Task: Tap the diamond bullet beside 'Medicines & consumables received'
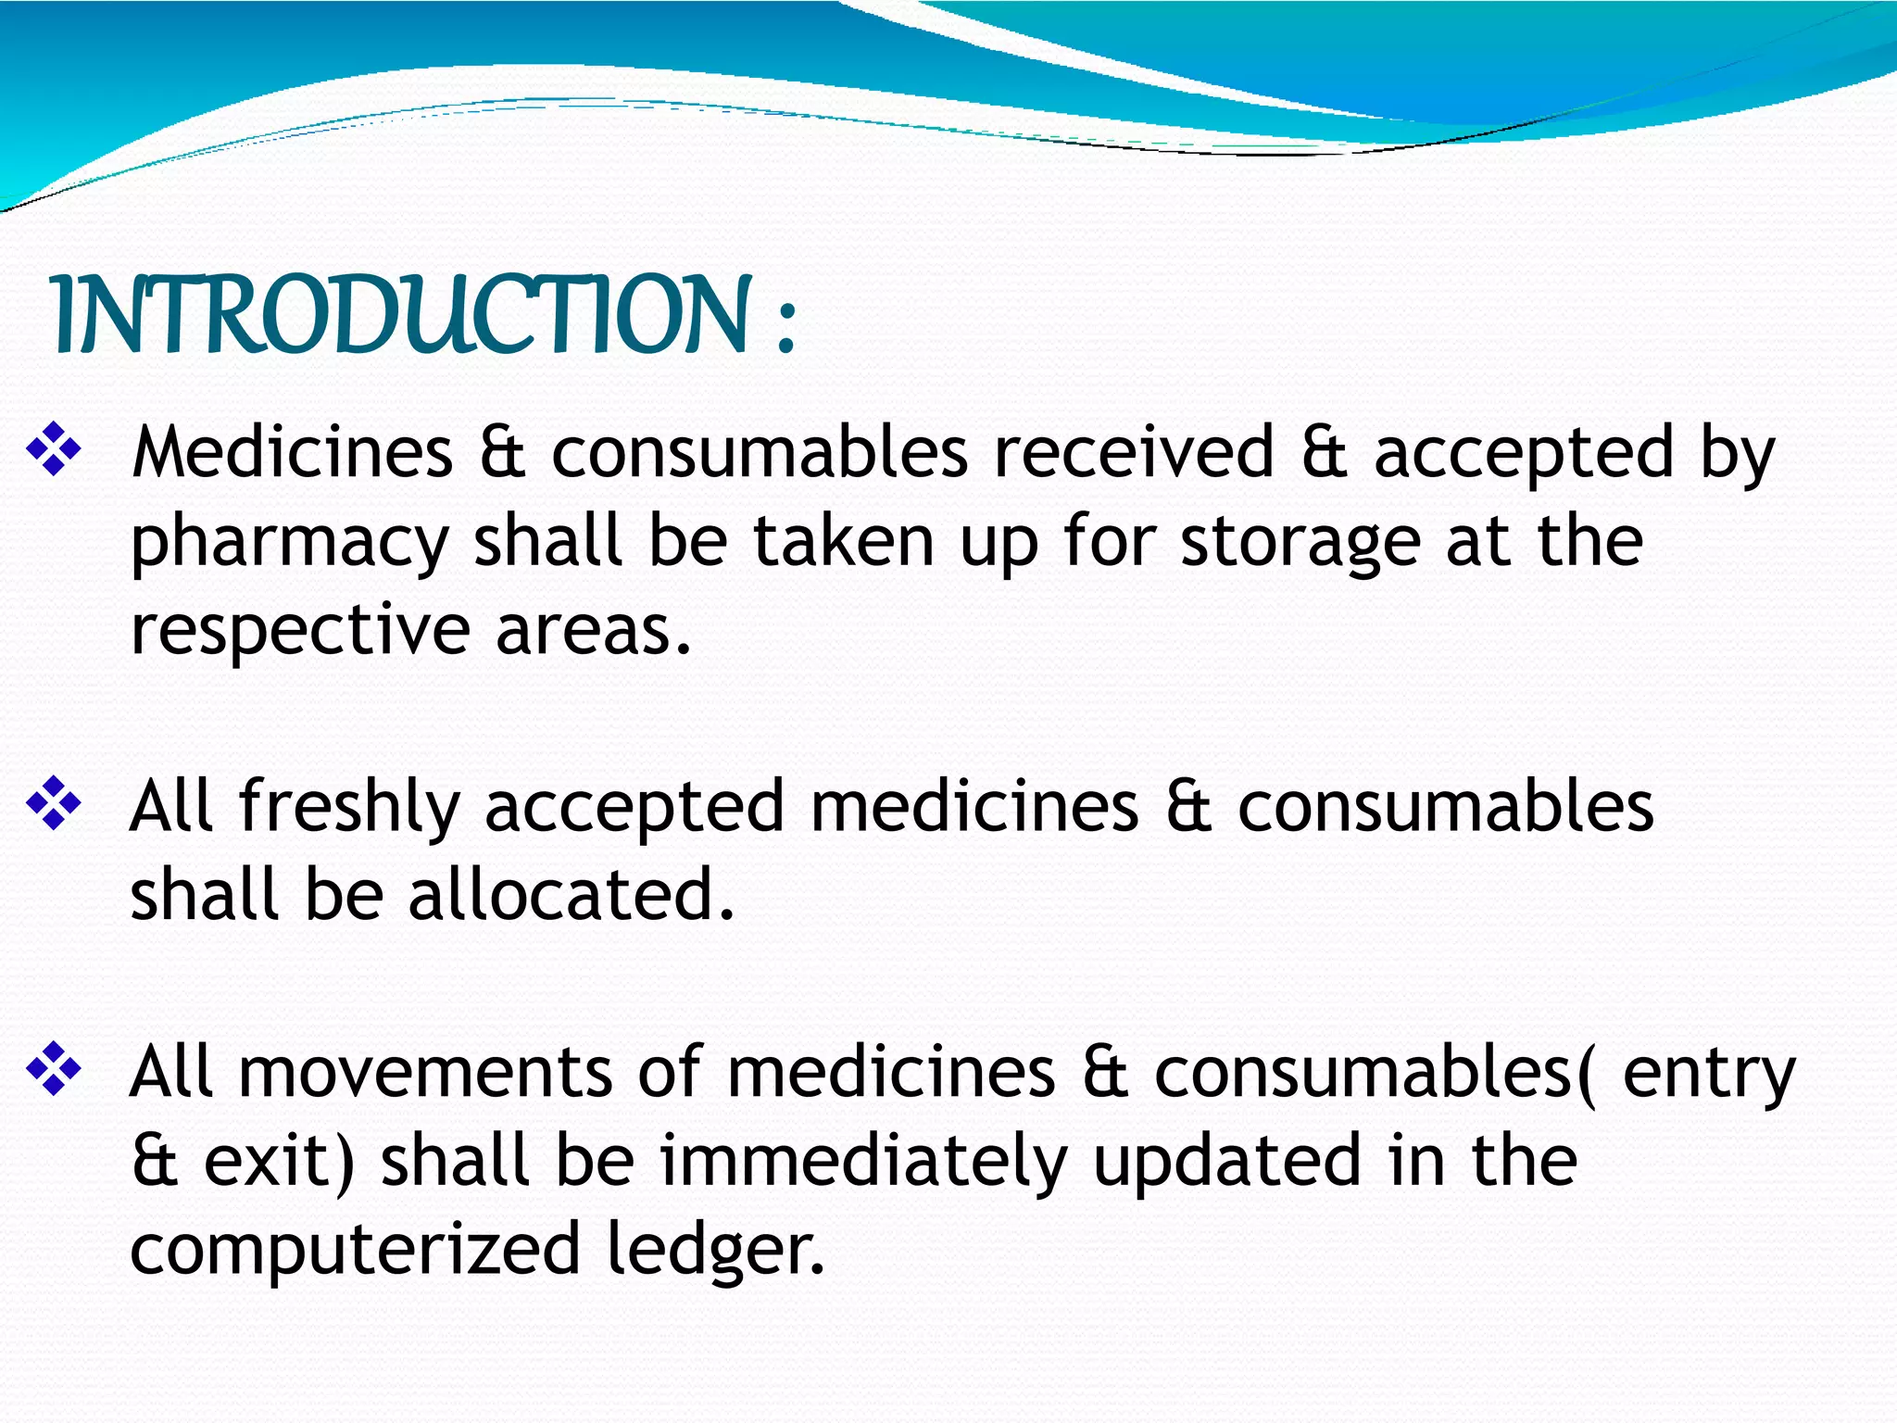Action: point(54,449)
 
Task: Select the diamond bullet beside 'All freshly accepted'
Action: point(54,803)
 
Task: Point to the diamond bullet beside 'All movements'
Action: point(54,1068)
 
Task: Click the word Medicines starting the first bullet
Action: point(292,452)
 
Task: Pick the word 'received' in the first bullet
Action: point(1134,452)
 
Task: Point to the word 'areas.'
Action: point(594,630)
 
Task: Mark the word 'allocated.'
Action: point(572,895)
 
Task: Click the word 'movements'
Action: point(425,1072)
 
